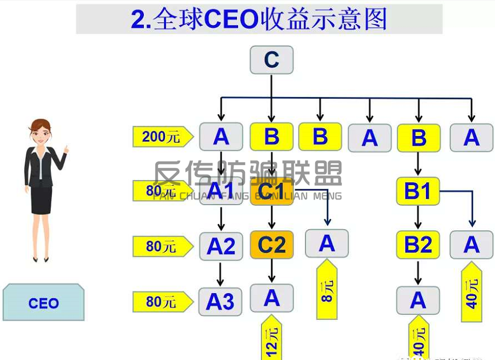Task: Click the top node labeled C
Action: click(271, 60)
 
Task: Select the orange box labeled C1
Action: click(271, 191)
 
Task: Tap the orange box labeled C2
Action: click(271, 245)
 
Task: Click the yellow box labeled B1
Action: click(418, 191)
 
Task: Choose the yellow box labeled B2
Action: click(418, 245)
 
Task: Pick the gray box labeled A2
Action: click(221, 246)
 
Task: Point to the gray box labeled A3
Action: click(220, 301)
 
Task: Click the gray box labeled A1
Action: click(221, 191)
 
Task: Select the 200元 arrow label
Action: click(159, 137)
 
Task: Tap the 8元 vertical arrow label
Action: click(327, 289)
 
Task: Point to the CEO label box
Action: click(43, 302)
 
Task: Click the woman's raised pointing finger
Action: click(67, 149)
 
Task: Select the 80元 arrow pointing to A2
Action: click(160, 246)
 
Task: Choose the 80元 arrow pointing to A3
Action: click(160, 301)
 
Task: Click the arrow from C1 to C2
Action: click(272, 218)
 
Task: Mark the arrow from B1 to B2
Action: click(418, 218)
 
